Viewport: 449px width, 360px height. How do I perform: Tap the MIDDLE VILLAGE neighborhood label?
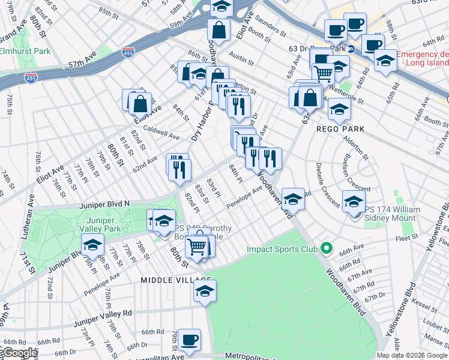click(176, 280)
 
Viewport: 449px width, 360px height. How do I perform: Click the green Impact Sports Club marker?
click(326, 248)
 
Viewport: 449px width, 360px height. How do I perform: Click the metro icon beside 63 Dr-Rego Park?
click(352, 48)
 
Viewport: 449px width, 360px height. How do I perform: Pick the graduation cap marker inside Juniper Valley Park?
click(93, 244)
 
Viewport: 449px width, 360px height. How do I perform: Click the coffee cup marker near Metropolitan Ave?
click(190, 339)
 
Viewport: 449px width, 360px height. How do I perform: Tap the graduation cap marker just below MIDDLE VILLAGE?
click(205, 291)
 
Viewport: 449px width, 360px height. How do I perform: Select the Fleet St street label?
click(406, 238)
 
